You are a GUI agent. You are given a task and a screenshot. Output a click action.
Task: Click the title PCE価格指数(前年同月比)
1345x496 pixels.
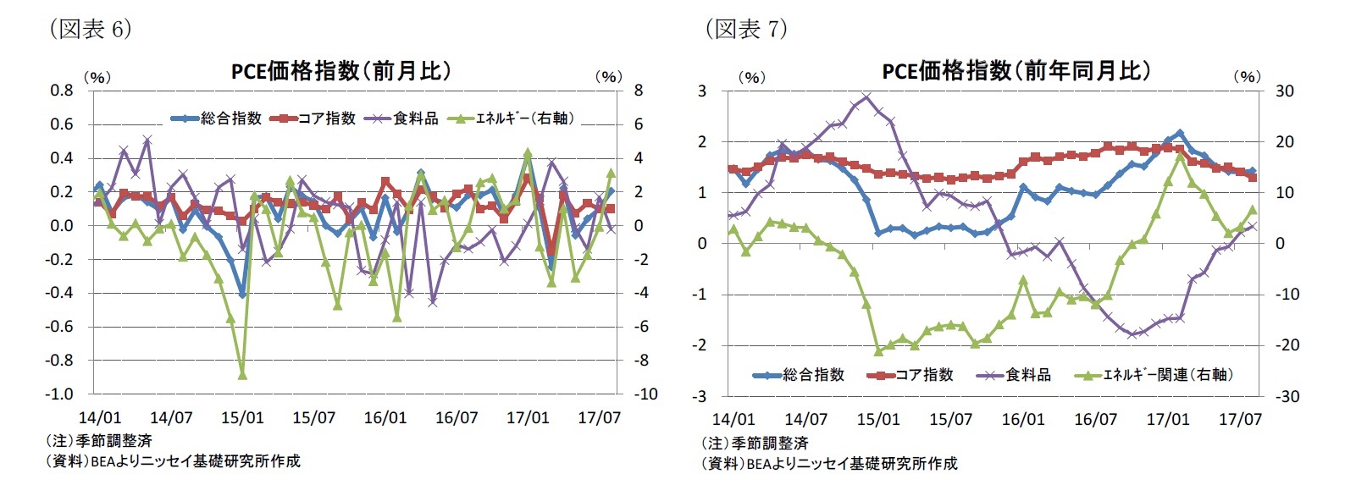point(1016,71)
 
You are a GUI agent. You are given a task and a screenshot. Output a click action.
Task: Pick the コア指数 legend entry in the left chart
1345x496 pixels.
point(313,118)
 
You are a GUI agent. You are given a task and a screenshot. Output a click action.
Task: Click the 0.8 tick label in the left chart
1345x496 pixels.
point(61,91)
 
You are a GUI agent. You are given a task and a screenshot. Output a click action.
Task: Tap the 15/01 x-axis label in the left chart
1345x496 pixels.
point(242,418)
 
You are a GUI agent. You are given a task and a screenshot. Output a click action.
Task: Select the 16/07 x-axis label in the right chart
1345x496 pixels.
point(1095,419)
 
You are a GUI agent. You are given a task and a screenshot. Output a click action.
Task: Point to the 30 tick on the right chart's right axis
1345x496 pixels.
point(1285,91)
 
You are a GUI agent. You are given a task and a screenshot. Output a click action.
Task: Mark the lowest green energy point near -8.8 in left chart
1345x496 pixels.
point(242,374)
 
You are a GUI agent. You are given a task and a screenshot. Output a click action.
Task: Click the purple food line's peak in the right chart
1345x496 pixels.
point(866,96)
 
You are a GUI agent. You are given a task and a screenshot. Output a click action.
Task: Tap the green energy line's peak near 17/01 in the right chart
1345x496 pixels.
point(1180,157)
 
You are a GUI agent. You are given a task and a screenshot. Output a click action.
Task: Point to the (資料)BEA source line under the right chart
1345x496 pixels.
point(829,464)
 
